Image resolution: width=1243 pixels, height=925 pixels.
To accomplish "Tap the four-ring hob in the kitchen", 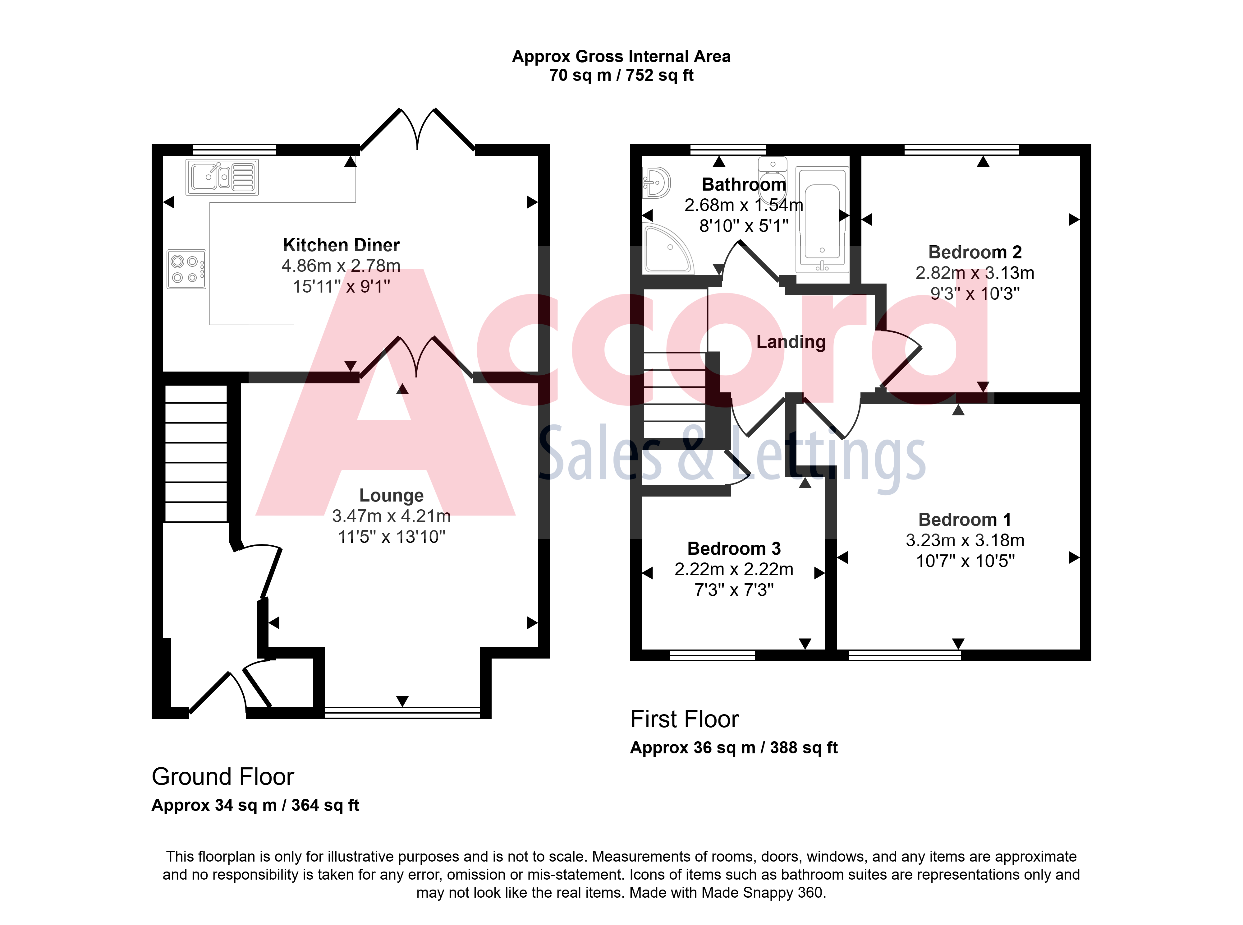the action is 186,269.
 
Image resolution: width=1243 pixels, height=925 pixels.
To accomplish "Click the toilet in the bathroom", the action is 773,176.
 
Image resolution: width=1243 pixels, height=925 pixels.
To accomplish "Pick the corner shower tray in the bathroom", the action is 668,249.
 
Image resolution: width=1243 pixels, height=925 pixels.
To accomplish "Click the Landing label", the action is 791,342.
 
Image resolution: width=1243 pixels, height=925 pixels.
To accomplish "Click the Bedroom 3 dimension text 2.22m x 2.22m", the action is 734,569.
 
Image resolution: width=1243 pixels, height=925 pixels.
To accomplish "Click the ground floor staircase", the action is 196,454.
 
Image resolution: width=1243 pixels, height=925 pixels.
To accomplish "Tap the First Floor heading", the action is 685,719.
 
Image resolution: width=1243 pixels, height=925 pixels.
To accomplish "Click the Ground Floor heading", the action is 223,777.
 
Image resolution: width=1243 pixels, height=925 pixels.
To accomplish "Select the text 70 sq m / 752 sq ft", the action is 621,75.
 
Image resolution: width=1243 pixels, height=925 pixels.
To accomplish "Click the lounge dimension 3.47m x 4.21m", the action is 391,516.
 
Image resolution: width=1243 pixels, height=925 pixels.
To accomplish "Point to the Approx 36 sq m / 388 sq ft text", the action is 734,747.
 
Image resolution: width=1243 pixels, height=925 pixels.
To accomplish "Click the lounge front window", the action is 402,712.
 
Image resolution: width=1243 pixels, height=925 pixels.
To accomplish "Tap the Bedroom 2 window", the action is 961,150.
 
